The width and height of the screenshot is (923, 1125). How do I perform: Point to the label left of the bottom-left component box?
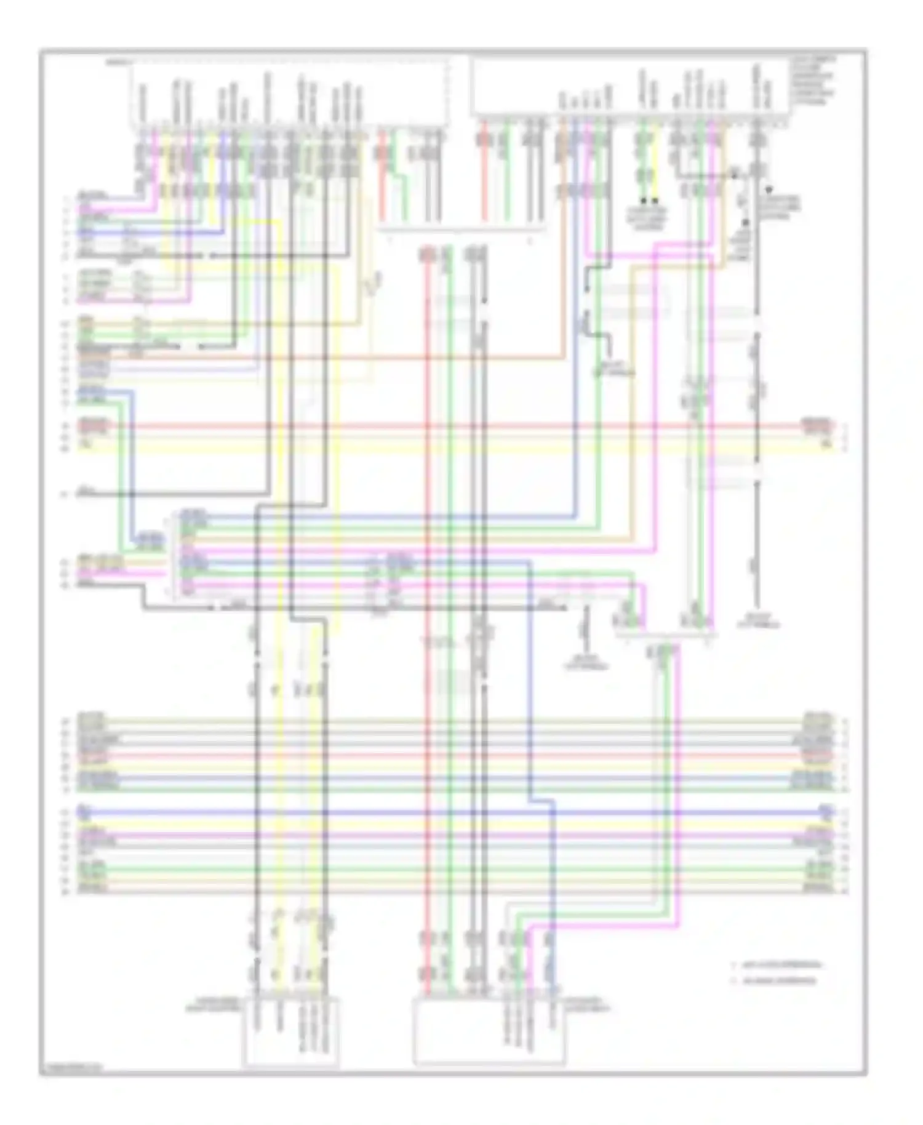coord(215,1007)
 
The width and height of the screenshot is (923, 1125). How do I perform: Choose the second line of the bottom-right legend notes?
coord(778,980)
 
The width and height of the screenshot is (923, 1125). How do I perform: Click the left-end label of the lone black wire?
coord(86,493)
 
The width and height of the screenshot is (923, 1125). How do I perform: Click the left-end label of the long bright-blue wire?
coord(85,812)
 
